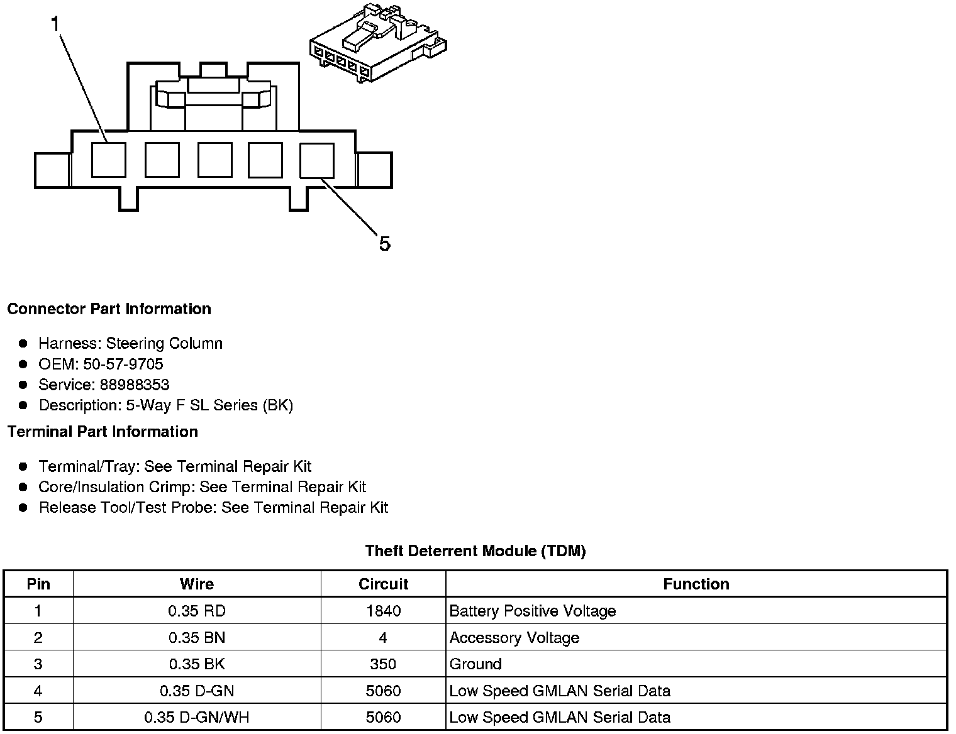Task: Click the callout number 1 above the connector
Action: point(55,25)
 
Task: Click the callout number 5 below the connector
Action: point(384,243)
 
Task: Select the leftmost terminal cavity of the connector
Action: point(108,160)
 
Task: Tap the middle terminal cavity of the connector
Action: point(214,160)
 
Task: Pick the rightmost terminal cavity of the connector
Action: point(317,160)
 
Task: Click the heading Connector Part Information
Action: point(109,309)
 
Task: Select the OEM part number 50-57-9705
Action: point(123,364)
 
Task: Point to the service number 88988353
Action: point(135,385)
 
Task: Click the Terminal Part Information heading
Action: point(103,432)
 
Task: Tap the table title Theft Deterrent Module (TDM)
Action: point(475,551)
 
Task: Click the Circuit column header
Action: point(383,584)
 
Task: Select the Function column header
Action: point(696,584)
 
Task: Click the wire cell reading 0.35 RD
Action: point(197,611)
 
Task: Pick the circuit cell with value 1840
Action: point(383,611)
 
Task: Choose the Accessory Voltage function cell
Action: point(514,638)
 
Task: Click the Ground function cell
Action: point(475,664)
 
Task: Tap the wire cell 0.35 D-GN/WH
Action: point(197,717)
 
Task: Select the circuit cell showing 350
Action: point(383,664)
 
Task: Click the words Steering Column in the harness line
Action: point(164,343)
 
